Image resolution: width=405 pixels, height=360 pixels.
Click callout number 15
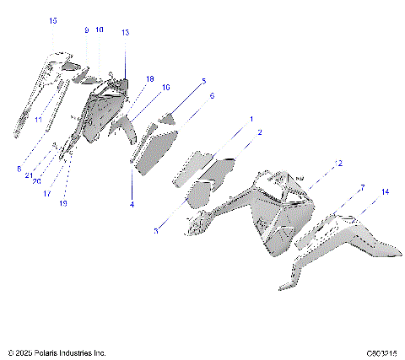click(53, 19)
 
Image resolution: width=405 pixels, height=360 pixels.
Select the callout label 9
click(86, 30)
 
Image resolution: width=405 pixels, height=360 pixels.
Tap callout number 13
click(126, 33)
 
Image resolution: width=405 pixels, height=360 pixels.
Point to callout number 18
click(149, 78)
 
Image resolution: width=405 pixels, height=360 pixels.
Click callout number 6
click(212, 96)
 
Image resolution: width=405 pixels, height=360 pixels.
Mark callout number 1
click(251, 119)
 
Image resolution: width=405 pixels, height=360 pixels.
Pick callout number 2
click(259, 132)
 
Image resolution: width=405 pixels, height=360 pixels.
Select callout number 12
click(338, 163)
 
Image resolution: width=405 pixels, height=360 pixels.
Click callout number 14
click(385, 192)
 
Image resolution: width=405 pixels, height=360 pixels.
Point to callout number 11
click(38, 121)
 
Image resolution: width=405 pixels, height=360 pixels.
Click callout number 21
click(28, 175)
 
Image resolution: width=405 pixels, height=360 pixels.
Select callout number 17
click(47, 192)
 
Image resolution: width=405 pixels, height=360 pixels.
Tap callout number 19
click(64, 203)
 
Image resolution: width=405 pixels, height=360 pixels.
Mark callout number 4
click(132, 203)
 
